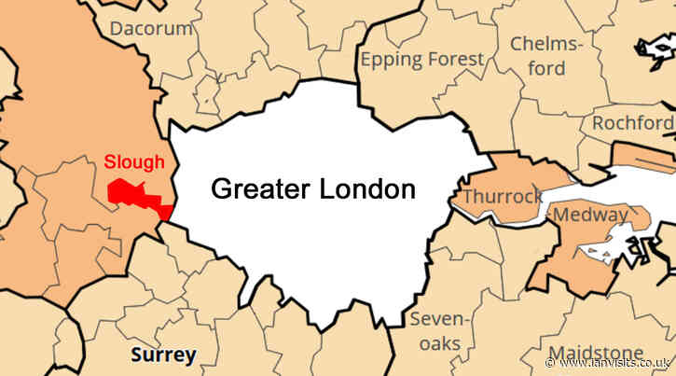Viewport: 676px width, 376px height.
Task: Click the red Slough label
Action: (134, 161)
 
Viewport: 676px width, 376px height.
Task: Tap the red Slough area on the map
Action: (131, 191)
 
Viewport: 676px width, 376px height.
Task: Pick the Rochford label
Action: (632, 123)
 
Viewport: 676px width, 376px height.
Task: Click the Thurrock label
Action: (503, 197)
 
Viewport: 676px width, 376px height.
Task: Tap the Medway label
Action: (590, 216)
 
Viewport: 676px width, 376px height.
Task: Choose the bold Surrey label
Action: (163, 355)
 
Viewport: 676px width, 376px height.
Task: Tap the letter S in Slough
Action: (109, 161)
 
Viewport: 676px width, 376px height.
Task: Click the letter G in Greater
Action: (220, 189)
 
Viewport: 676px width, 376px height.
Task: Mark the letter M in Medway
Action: (561, 216)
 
